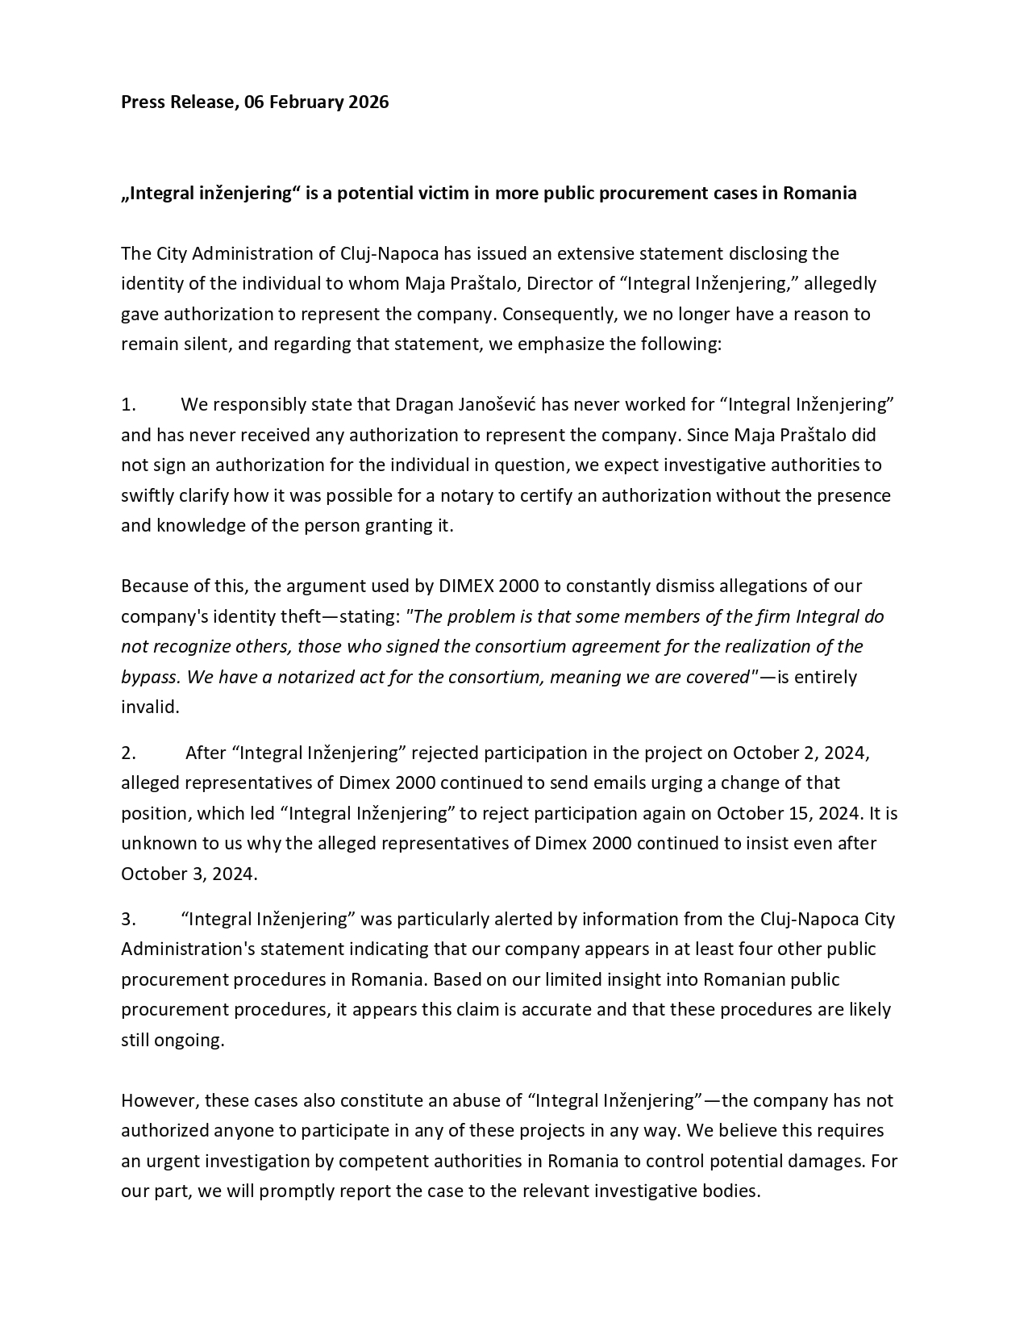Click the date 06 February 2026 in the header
coord(317,102)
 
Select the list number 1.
coord(129,405)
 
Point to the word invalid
coord(149,707)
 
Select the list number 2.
coord(129,753)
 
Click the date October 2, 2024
coord(800,753)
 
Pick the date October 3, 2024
coord(189,874)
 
